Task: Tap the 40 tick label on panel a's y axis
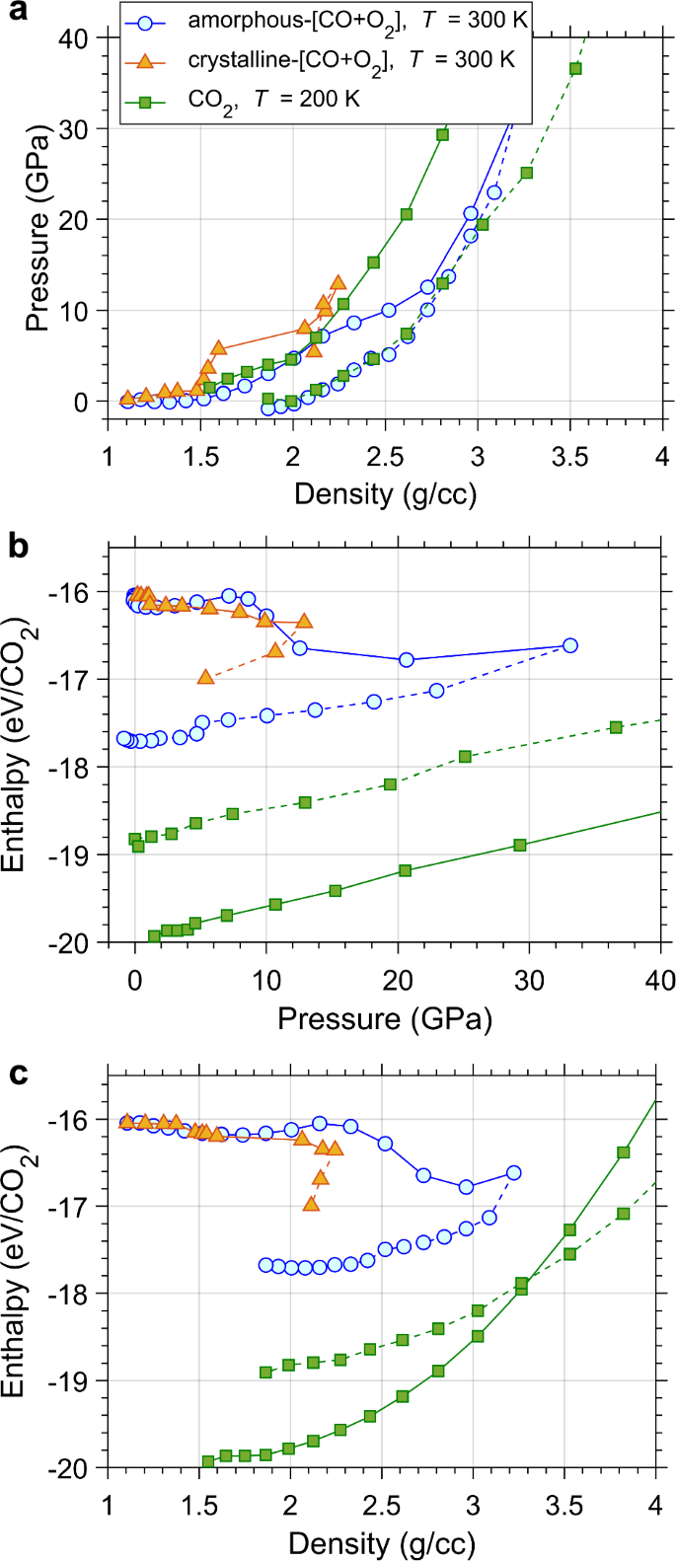(75, 38)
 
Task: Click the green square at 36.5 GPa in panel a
(575, 68)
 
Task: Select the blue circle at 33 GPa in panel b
(569, 645)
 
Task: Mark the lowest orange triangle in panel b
(205, 677)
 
